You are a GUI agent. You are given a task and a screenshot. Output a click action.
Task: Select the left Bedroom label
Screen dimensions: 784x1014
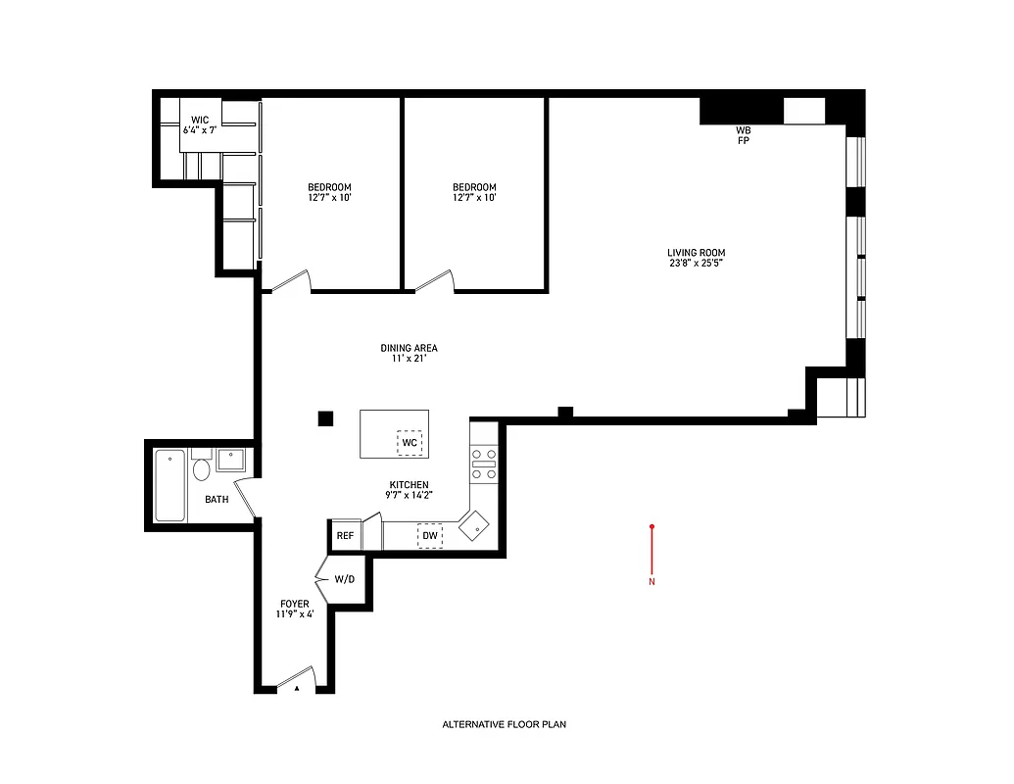(x=329, y=192)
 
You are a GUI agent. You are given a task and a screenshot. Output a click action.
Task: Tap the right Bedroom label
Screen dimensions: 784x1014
(x=474, y=192)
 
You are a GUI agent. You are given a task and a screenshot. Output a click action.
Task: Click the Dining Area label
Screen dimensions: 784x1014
(x=409, y=353)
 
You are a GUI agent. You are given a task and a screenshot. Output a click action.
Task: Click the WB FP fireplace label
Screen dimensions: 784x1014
(x=744, y=135)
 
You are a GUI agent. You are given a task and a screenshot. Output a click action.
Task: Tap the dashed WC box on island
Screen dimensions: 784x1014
(x=410, y=443)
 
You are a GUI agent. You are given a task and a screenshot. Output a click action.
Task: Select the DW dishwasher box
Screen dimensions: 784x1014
(x=430, y=536)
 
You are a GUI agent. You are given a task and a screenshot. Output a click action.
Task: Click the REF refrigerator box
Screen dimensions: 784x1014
(x=345, y=536)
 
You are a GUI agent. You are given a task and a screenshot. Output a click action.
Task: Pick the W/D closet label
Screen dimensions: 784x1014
(x=345, y=579)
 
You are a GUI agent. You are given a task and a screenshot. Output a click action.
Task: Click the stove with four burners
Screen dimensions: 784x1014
(x=484, y=464)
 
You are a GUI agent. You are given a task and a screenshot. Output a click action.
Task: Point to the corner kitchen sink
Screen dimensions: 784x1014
(x=477, y=525)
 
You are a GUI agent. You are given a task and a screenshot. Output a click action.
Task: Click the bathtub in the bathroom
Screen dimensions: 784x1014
(x=169, y=485)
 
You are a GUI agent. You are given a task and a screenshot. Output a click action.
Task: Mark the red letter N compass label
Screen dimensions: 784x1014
(x=652, y=582)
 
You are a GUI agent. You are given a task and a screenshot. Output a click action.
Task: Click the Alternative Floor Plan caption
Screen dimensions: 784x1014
(x=505, y=725)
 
